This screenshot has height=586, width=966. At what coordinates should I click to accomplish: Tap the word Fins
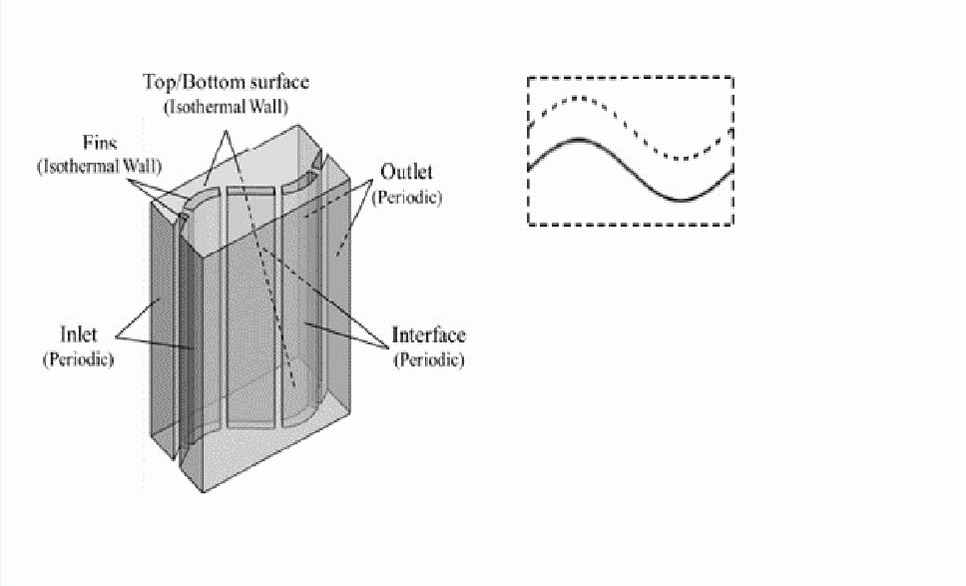100,144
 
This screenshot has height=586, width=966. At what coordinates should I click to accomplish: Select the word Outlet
406,172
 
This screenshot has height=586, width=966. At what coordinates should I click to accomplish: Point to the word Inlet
78,334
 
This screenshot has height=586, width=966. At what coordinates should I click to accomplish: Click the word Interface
429,335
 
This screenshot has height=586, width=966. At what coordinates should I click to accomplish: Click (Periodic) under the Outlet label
407,198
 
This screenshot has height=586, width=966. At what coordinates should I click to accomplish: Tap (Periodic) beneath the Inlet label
78,359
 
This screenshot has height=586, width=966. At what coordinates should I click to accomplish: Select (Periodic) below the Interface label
429,359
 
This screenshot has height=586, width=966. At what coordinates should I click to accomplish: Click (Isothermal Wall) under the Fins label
100,167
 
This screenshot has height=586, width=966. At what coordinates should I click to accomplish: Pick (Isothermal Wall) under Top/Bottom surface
227,107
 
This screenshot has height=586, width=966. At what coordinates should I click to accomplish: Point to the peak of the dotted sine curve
577,98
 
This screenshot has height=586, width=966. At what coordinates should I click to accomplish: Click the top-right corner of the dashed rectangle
732,77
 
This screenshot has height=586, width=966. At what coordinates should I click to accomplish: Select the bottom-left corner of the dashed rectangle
529,225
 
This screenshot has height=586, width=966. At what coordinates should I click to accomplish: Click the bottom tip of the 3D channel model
204,492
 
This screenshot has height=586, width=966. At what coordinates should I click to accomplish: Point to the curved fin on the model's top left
201,202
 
